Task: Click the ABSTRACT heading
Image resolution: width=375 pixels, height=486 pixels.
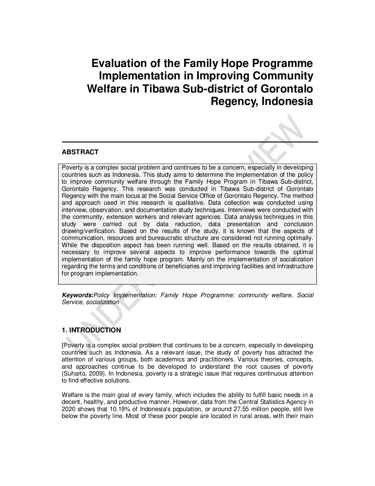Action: (x=80, y=152)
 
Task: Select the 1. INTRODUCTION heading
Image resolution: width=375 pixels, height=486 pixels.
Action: (x=91, y=330)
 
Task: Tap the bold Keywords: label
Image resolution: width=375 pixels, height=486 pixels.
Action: (x=78, y=295)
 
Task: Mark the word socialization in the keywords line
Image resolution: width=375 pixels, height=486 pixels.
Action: (x=103, y=302)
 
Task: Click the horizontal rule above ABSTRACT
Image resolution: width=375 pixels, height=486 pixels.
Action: (x=190, y=142)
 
